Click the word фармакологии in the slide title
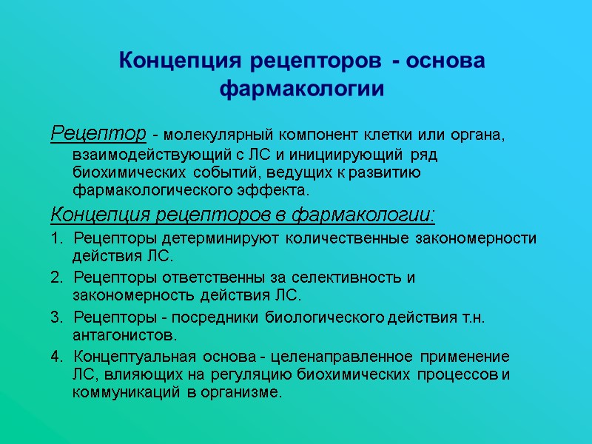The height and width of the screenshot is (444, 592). point(303,90)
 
